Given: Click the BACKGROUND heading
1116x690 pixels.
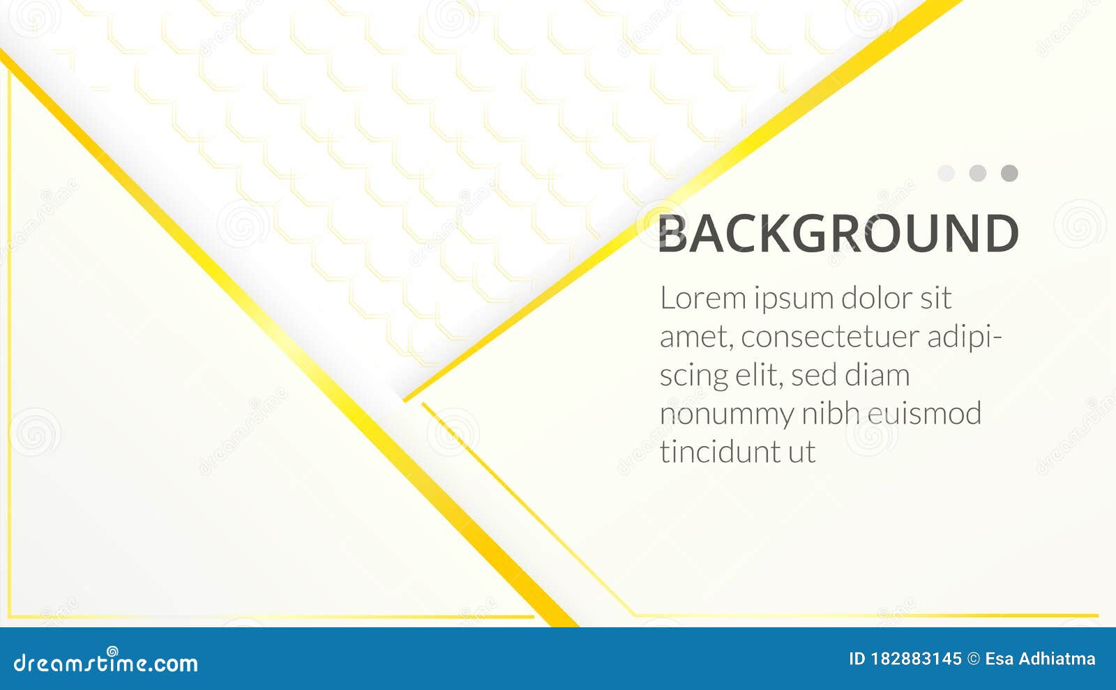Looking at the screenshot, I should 838,233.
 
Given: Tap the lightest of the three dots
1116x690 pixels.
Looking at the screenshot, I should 946,173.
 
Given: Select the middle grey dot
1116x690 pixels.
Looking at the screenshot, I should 978,173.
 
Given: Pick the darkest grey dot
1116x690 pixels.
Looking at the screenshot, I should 1009,173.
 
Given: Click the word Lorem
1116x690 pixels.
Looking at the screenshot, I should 703,298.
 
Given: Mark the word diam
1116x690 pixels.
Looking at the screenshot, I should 877,376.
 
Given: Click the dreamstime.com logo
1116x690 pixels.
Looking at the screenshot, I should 106,662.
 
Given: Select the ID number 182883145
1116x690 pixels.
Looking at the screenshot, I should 916,659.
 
